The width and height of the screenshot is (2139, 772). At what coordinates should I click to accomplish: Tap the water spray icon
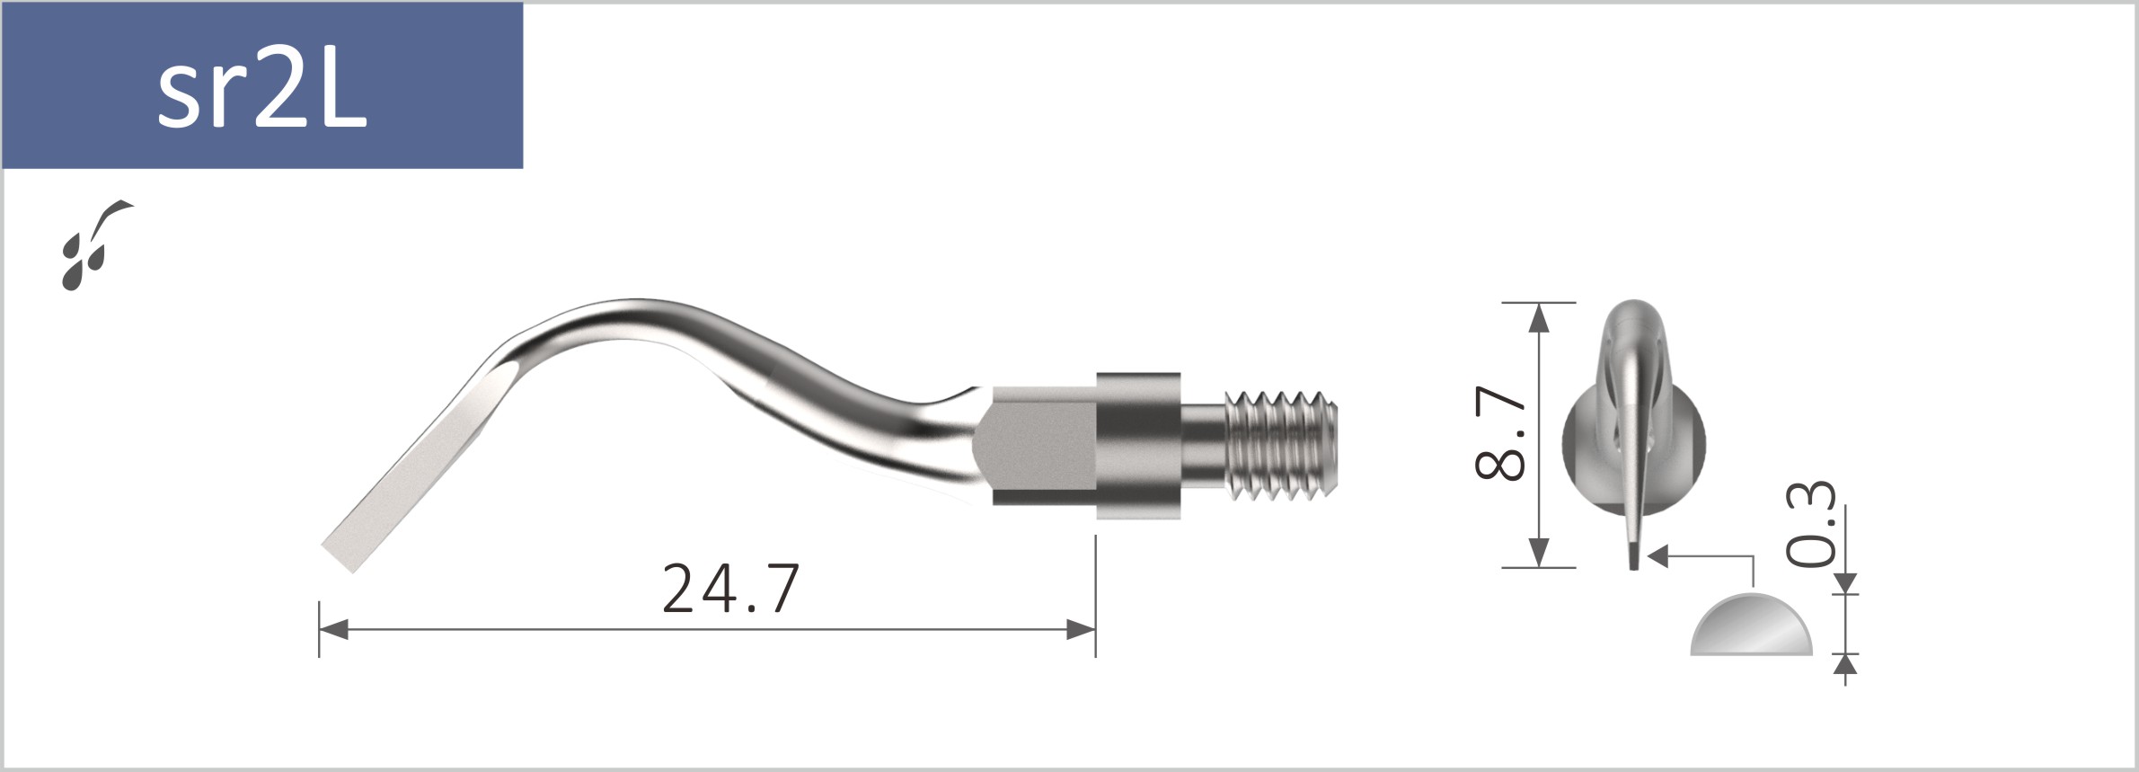tap(93, 244)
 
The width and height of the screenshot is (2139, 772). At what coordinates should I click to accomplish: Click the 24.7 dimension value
tap(729, 590)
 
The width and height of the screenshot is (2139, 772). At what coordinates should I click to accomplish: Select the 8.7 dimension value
tap(1501, 434)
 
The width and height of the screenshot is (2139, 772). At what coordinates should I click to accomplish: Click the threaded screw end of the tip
tap(1282, 443)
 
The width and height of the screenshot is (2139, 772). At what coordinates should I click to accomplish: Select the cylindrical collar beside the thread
tap(1137, 445)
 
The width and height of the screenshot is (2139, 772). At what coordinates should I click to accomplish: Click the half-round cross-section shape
tap(1751, 627)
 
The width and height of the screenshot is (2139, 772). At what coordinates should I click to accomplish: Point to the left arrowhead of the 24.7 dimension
tap(333, 630)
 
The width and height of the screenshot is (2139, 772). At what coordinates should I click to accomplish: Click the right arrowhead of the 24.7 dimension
tap(1082, 630)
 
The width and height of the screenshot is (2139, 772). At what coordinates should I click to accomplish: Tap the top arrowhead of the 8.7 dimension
tap(1539, 317)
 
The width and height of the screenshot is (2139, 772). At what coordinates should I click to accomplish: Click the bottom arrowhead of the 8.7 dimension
tap(1539, 553)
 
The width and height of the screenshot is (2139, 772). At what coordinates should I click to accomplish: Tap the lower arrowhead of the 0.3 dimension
tap(1845, 664)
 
